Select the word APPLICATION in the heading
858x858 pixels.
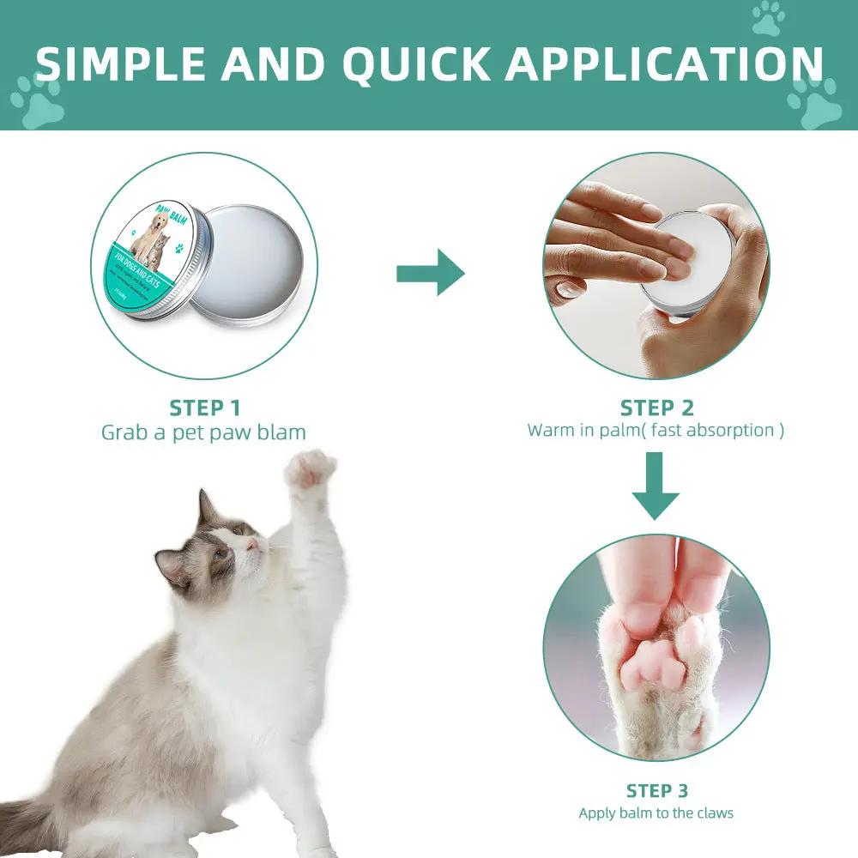tap(663, 64)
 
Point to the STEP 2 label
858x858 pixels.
tap(656, 408)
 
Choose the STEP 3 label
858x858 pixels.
tap(656, 790)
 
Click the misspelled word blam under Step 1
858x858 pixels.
tap(281, 432)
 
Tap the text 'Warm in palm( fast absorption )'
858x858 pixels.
tap(656, 431)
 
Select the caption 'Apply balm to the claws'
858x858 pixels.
tap(656, 813)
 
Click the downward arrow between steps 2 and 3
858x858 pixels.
tap(656, 487)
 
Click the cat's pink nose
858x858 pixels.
tap(254, 544)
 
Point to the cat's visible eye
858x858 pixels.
tap(220, 553)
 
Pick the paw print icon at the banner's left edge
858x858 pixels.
tap(36, 101)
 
